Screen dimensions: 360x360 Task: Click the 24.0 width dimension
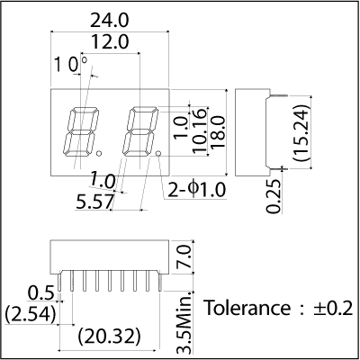click(110, 21)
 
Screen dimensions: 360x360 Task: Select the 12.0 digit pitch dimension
click(110, 42)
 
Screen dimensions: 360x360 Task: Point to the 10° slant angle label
click(71, 64)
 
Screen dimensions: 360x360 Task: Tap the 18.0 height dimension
click(218, 132)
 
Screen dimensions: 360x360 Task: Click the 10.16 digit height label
click(200, 131)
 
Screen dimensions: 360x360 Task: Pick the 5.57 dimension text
click(95, 202)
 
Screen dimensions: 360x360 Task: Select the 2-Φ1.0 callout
click(196, 190)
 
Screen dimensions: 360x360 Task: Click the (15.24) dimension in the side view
click(301, 133)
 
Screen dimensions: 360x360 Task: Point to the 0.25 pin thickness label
click(274, 196)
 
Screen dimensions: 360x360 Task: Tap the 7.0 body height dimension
click(184, 256)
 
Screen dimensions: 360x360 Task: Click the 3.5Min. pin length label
click(184, 322)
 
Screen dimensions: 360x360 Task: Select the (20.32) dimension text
click(110, 337)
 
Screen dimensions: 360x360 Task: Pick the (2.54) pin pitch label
click(31, 314)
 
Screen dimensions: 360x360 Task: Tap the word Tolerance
click(247, 308)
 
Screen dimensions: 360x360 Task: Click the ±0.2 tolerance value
click(333, 308)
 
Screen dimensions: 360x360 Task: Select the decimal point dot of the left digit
click(99, 154)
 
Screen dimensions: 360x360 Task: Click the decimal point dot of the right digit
click(158, 154)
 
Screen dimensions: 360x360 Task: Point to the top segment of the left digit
click(84, 110)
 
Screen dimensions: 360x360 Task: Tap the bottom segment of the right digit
click(137, 153)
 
